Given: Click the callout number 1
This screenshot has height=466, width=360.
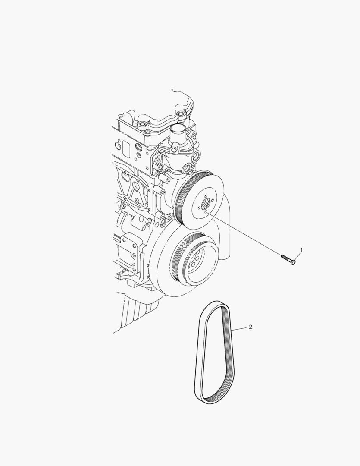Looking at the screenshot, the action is pyautogui.click(x=301, y=250).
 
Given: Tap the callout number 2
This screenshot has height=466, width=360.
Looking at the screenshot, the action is pyautogui.click(x=250, y=327).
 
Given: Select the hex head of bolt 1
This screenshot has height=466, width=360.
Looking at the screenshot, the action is pyautogui.click(x=293, y=262).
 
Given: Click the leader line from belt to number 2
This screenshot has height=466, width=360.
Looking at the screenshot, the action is pyautogui.click(x=239, y=328).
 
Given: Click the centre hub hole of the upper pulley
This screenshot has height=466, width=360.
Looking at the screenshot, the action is pyautogui.click(x=205, y=205).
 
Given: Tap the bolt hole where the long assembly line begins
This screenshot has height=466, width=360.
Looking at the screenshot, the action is pyautogui.click(x=206, y=212).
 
